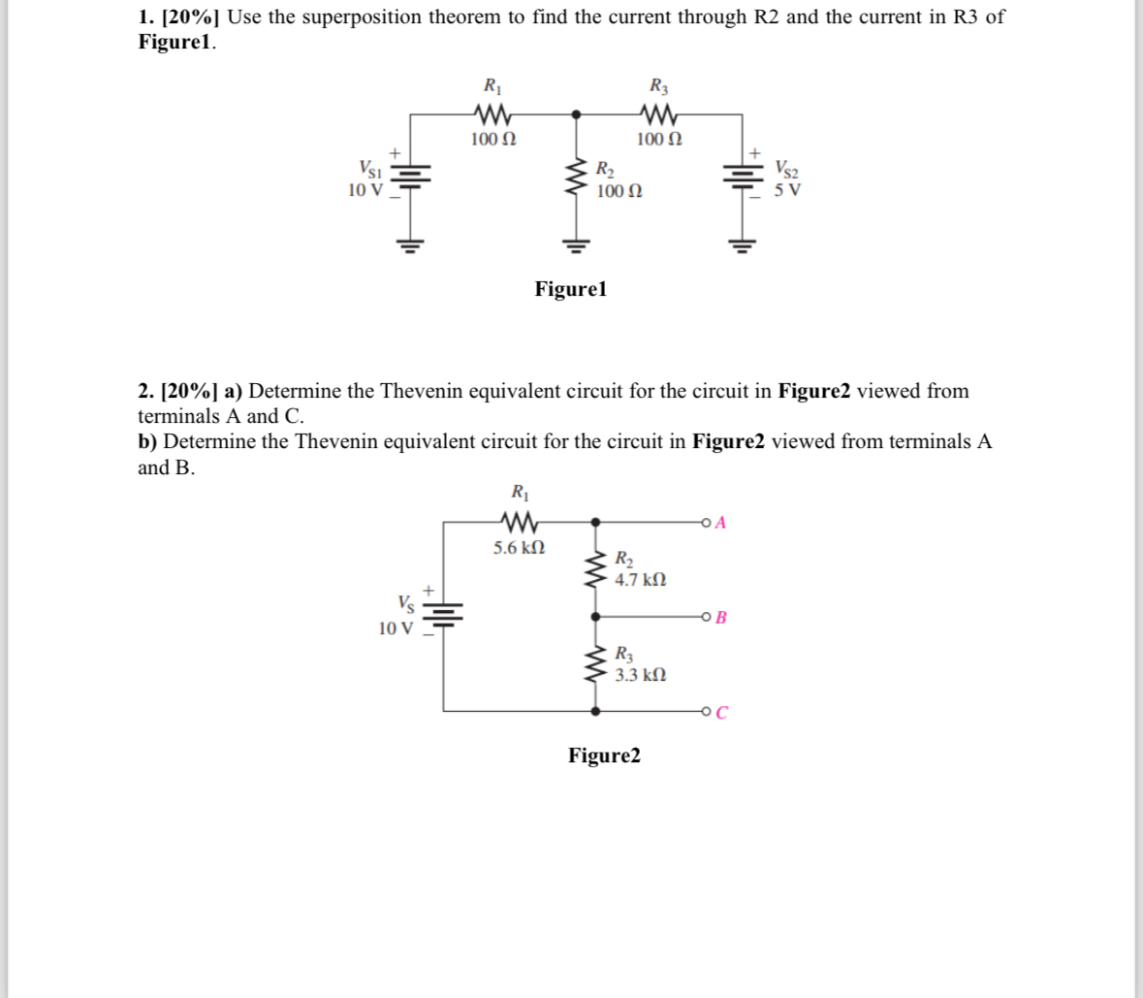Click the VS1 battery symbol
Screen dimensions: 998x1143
413,177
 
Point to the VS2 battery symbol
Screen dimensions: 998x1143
743,177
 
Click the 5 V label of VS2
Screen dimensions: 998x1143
787,190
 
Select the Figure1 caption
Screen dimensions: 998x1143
571,289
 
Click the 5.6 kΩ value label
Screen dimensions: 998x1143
519,548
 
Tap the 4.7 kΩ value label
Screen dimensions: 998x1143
641,580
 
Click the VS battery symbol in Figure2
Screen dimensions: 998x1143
444,615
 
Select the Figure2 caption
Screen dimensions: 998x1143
604,755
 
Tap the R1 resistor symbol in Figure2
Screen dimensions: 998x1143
519,523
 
